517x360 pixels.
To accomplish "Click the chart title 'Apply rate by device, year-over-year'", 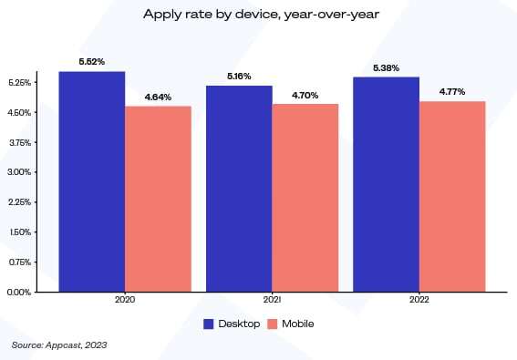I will [258, 15].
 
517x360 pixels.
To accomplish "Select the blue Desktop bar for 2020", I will [91, 182].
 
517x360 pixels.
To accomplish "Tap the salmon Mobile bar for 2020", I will [158, 200].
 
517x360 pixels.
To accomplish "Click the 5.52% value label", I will [91, 62].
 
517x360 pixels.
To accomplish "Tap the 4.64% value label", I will [158, 97].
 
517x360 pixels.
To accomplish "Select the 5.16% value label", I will [239, 77].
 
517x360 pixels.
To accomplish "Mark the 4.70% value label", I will [305, 95].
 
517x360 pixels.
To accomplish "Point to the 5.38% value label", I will [386, 67].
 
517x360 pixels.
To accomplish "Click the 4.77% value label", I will [452, 92].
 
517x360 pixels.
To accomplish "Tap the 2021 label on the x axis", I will [272, 300].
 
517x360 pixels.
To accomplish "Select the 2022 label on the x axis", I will [419, 300].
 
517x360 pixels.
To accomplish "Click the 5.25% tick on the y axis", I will [19, 83].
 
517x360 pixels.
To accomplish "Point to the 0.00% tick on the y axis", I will [19, 293].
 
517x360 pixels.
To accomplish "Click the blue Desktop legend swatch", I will [209, 323].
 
